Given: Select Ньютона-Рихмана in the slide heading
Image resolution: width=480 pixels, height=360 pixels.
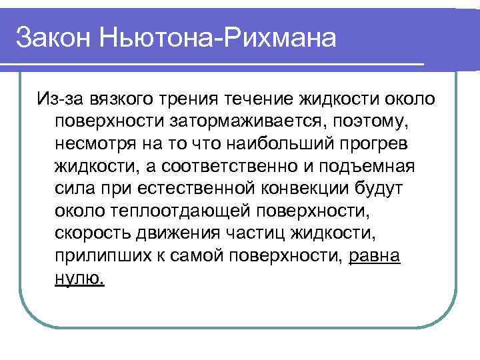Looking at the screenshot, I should pyautogui.click(x=216, y=37).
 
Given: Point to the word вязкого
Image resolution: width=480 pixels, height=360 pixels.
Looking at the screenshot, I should pyautogui.click(x=122, y=100).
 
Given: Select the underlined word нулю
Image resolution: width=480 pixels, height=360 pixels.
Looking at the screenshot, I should pyautogui.click(x=79, y=279).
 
